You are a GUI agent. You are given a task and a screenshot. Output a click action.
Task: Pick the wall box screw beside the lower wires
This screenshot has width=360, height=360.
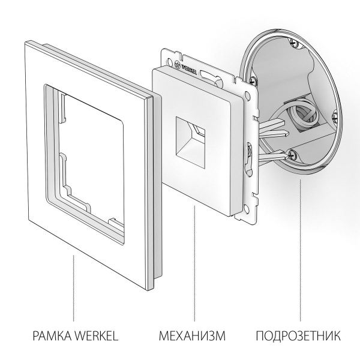click(x=292, y=154)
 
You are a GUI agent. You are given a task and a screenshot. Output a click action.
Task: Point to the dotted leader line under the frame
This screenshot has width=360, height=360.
click(x=74, y=288)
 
